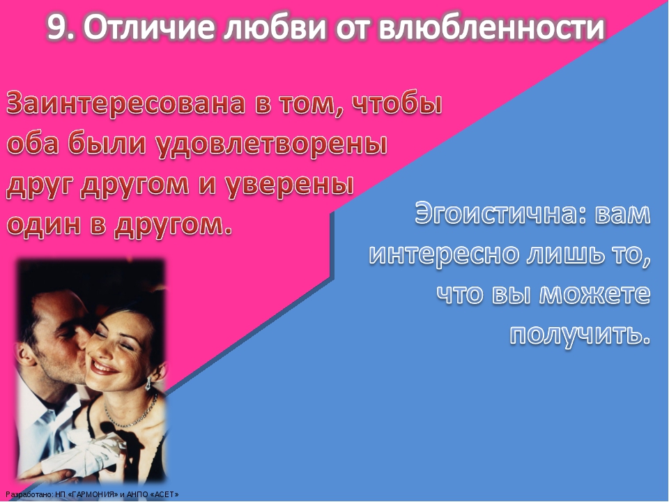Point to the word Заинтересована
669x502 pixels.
coord(126,103)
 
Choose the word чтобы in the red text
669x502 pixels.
coord(397,103)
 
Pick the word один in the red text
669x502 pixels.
coord(45,224)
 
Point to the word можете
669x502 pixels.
coord(594,294)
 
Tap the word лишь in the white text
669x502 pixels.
coord(563,254)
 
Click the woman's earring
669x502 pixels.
coord(148,383)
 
